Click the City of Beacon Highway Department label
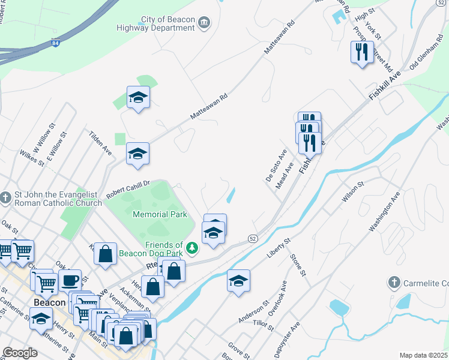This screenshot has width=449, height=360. pos(160,24)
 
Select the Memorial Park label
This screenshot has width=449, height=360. pos(160,214)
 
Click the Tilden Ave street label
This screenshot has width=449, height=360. pos(100,142)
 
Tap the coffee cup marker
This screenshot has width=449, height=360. pos(70,280)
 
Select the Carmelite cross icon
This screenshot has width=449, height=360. pos(394,282)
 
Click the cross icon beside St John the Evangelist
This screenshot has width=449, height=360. pos(5,197)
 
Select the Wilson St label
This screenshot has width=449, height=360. pos(353,193)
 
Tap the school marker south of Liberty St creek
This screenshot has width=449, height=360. pos(238,281)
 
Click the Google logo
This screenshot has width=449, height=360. pos(20,353)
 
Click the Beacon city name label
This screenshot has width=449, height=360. pos(50,302)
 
